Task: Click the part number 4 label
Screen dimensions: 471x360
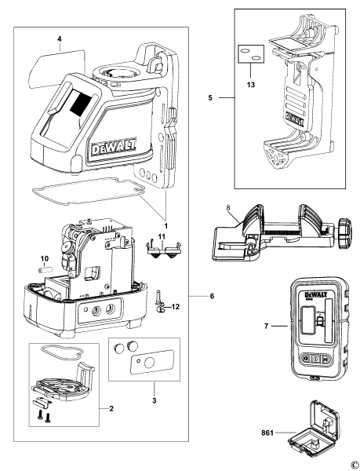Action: [x=59, y=38]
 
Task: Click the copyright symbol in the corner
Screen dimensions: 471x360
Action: [x=354, y=465]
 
